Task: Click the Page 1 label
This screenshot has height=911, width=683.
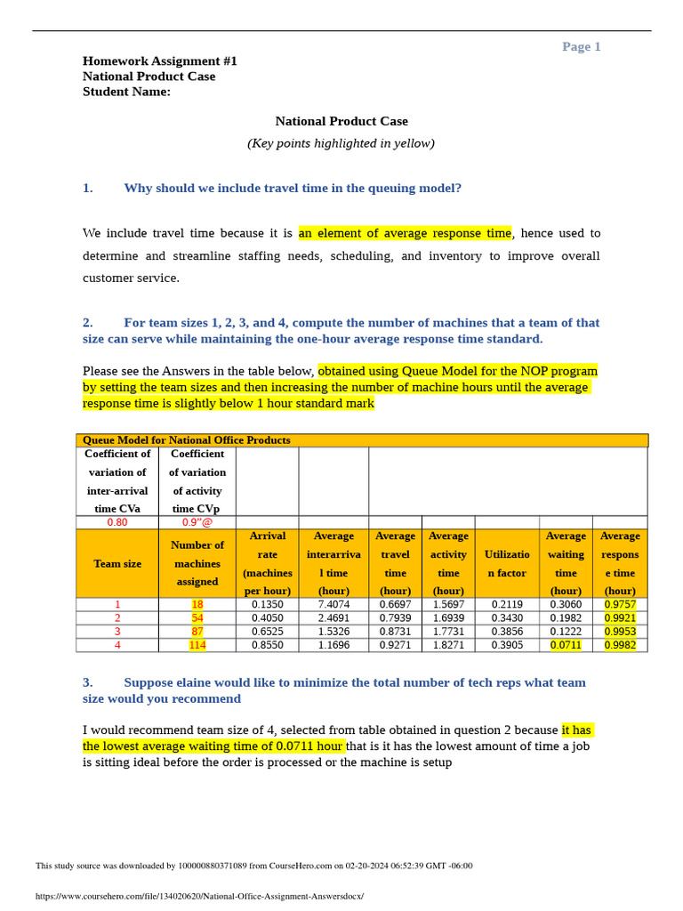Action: pos(581,47)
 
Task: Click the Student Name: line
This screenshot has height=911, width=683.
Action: pos(126,92)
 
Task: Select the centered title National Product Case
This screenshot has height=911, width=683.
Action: pos(341,121)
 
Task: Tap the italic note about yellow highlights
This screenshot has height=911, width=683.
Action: pos(341,143)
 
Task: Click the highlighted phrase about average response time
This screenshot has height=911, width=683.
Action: pos(405,233)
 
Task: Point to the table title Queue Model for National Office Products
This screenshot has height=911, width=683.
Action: pos(187,440)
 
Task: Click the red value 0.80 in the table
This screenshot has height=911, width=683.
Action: pos(117,522)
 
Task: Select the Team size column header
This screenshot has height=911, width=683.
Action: pos(117,564)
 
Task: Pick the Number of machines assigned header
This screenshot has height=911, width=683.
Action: pos(197,563)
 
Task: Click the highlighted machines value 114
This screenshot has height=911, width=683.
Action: pos(197,645)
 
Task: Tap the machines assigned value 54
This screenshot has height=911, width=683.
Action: pos(197,617)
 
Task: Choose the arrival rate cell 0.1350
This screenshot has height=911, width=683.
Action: pos(267,604)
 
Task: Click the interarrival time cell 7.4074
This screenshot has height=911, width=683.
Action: pos(333,604)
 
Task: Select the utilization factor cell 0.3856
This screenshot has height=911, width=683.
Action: pos(506,632)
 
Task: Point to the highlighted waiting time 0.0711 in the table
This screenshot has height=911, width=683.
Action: pos(566,645)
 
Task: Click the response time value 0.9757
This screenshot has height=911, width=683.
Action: pos(620,604)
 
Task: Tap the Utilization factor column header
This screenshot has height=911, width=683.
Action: pos(506,564)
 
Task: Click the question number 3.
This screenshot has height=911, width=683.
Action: pos(88,682)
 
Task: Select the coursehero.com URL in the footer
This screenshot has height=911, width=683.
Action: pos(199,896)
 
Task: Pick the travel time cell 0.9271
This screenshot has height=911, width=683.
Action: pos(395,645)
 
